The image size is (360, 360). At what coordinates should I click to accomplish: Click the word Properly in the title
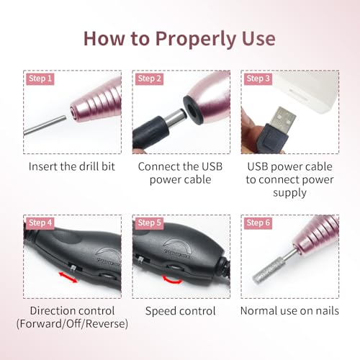[x=197, y=39]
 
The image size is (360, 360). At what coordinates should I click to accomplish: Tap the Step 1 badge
[x=40, y=78]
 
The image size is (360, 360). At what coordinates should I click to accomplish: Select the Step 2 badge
[x=149, y=78]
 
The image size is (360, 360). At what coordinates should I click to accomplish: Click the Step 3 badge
[x=258, y=78]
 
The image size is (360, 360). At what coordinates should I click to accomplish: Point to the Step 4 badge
[x=40, y=223]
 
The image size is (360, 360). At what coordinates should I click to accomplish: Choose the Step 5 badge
[x=149, y=223]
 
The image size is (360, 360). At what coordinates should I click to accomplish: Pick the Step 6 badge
[x=258, y=223]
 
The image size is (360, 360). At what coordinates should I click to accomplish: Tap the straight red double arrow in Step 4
[x=68, y=277]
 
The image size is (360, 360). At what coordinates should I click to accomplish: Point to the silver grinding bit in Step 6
[x=267, y=271]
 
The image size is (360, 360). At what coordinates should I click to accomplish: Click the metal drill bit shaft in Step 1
[x=45, y=125]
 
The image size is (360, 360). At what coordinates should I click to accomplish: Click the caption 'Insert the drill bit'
[x=72, y=166]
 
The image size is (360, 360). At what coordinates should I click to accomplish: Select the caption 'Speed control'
[x=181, y=311]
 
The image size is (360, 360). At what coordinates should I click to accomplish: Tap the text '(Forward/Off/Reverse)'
[x=72, y=324]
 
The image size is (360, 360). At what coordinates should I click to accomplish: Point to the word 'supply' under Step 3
[x=289, y=193]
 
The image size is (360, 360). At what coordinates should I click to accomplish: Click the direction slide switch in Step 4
[x=73, y=267]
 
